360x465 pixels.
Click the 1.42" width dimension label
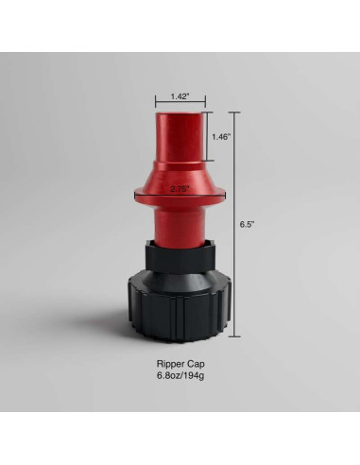pos(180,95)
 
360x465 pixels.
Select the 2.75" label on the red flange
pos(180,189)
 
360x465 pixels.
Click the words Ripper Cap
pos(180,363)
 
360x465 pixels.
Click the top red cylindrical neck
pos(180,137)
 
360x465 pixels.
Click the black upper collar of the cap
pos(180,257)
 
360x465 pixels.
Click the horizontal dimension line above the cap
pos(180,105)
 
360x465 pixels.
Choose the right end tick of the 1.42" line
pos(205,105)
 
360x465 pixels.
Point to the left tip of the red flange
pos(134,196)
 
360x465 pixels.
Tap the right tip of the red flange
pos(226,196)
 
